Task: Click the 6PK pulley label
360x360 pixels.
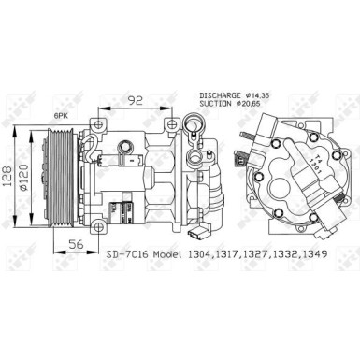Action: (63, 114)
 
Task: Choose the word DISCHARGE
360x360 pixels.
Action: (221, 94)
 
